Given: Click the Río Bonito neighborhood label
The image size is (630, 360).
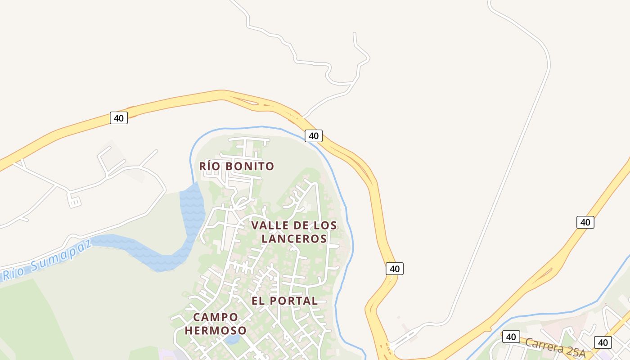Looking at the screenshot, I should [237, 166].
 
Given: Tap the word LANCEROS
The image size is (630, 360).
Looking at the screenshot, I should [294, 238].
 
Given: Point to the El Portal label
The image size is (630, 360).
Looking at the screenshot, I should [284, 301].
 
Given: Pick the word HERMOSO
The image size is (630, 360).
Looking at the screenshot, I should [216, 331].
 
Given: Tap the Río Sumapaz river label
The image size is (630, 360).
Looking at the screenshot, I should [47, 260].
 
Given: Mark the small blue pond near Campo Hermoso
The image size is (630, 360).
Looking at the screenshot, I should [232, 339].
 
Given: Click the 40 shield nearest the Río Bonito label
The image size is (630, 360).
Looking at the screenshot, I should [313, 135].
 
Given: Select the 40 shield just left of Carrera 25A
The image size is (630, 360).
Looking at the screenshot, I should [511, 337].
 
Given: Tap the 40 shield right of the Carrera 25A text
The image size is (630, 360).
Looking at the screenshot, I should [603, 342].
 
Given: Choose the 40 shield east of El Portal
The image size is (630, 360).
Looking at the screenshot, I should [395, 269].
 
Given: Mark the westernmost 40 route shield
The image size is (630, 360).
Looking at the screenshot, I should [119, 118].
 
